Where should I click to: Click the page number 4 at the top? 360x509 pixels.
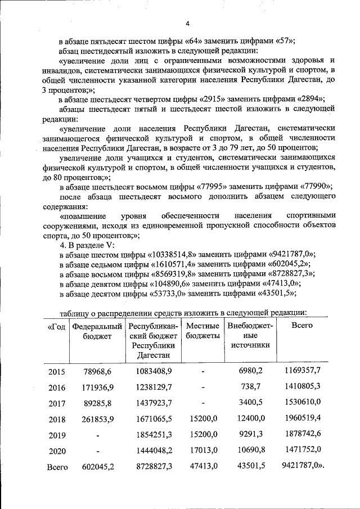(187, 23)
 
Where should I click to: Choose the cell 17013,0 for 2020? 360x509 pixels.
(202, 451)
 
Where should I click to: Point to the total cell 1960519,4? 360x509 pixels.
(302, 419)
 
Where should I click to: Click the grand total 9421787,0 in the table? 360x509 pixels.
(304, 467)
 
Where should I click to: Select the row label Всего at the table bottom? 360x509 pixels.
(57, 467)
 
